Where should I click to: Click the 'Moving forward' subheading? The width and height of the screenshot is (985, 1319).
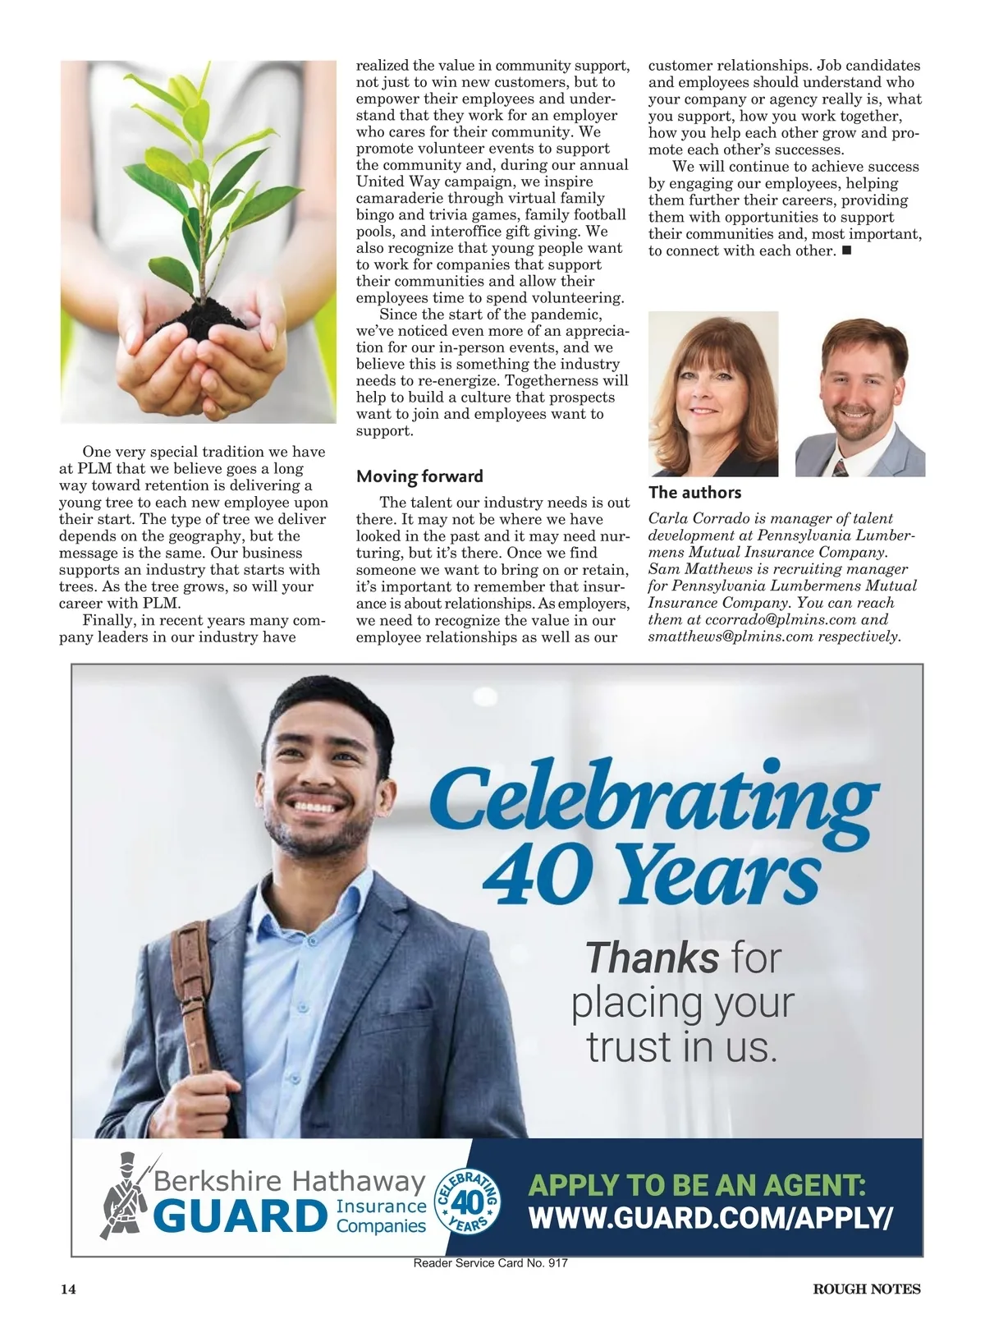419,476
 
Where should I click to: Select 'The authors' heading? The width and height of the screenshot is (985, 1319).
694,493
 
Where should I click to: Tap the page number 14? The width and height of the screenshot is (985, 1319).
68,1289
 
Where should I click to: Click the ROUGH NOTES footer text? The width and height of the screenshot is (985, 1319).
866,1289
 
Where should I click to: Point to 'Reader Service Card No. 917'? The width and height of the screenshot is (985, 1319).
491,1264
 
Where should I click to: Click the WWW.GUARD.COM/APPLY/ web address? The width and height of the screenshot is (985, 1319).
710,1218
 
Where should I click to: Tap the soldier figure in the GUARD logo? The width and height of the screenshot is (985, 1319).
123,1195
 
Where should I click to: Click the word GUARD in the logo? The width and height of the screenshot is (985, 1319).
239,1217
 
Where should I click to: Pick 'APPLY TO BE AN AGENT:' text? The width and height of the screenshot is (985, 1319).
697,1185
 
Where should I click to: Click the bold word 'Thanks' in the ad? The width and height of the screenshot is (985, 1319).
652,958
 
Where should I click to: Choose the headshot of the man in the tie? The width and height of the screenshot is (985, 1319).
859,394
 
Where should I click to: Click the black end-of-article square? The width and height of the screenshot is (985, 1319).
846,250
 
